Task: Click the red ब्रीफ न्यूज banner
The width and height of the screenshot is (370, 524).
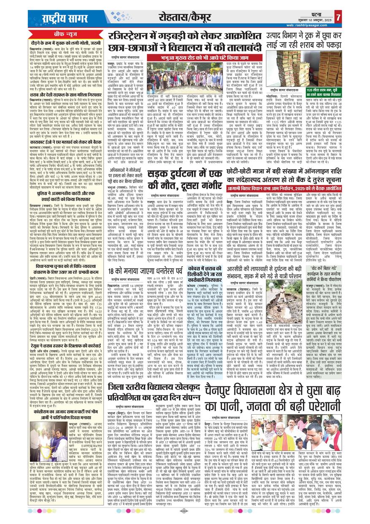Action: pos(58,33)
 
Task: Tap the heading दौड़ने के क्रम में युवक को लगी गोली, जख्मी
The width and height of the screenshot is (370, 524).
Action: pos(58,43)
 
